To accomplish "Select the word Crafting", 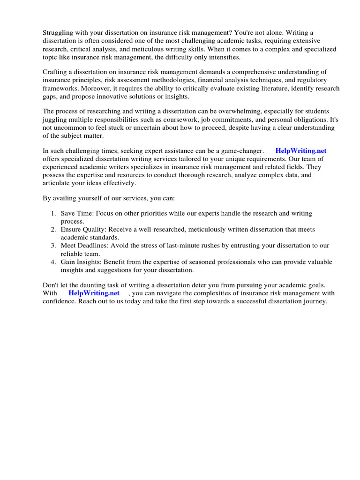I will point(56,72).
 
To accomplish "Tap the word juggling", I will point(55,120).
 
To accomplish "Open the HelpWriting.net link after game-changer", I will point(301,151).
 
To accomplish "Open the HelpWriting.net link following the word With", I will point(94,293).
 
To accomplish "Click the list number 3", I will point(53,245).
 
